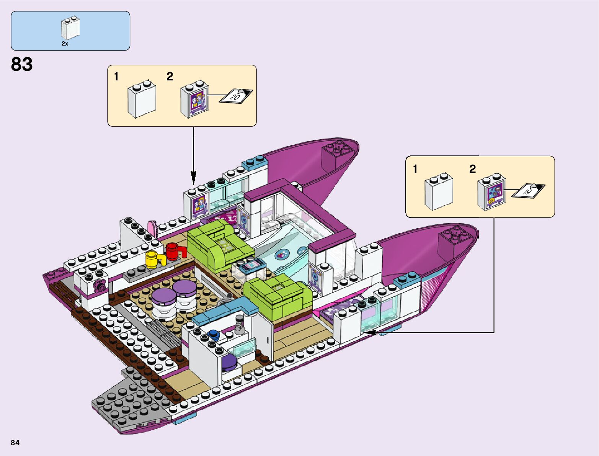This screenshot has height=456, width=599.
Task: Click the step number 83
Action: (x=22, y=64)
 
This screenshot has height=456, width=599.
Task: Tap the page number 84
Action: (x=15, y=443)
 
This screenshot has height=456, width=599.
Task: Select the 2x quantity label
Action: (x=65, y=44)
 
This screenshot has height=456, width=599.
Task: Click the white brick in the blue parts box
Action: (x=70, y=28)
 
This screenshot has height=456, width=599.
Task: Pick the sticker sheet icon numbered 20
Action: (x=236, y=96)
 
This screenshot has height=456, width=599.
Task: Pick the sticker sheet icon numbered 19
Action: (x=528, y=190)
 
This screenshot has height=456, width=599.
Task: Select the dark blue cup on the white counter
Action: (x=214, y=335)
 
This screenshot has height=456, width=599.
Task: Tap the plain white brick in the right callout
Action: (x=438, y=193)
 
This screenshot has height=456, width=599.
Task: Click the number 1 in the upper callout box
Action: (x=116, y=77)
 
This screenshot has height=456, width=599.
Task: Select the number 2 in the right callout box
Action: (x=473, y=169)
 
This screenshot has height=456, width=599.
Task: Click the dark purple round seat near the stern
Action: (x=229, y=362)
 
